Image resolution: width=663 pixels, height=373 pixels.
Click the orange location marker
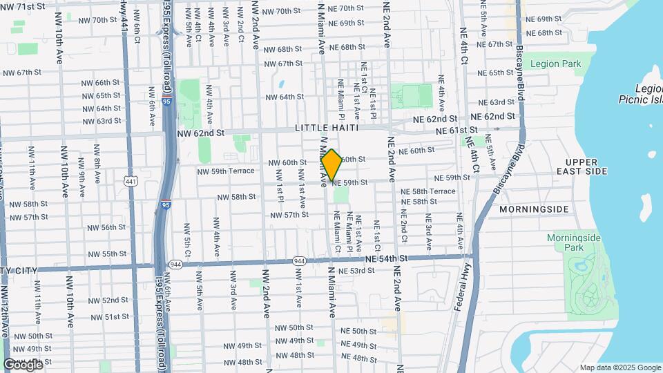tap(331, 165)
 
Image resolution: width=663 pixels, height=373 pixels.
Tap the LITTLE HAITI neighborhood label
tap(327, 128)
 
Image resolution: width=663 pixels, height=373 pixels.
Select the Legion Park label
tap(555, 64)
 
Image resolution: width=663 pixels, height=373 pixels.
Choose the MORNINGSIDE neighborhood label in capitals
tap(534, 209)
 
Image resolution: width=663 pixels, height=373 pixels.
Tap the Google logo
tap(23, 363)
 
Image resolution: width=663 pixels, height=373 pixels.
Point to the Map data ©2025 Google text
tap(619, 367)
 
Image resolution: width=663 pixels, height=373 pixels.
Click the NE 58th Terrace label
tap(433, 191)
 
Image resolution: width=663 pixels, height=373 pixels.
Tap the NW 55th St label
tap(100, 254)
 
